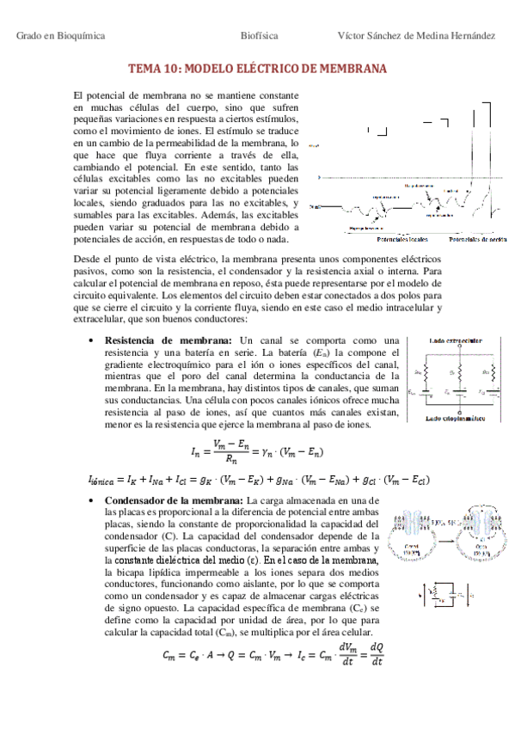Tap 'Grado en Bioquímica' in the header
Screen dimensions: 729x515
point(61,36)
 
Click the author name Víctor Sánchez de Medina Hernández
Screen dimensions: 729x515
point(418,36)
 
